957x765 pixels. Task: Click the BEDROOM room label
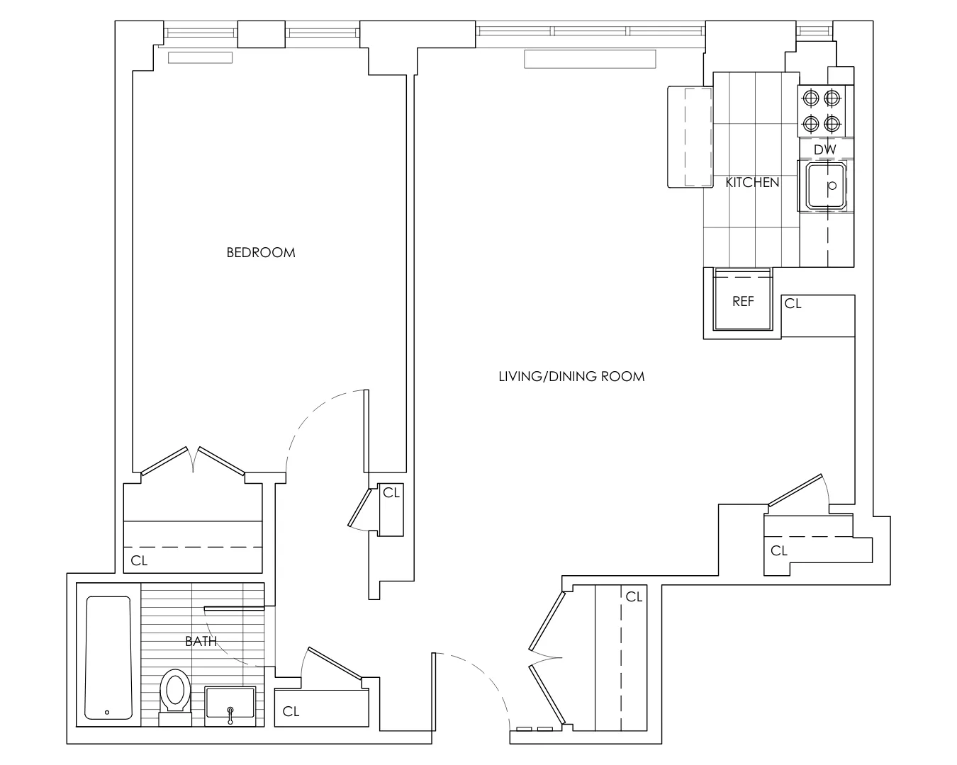pos(261,252)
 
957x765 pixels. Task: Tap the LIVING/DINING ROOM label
pos(571,376)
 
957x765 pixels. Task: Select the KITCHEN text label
pos(752,183)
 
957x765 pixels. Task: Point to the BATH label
pos(201,642)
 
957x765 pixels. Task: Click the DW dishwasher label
pos(824,150)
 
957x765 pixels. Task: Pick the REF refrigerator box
pos(742,300)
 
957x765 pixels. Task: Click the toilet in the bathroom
pos(174,693)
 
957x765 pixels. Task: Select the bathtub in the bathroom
pos(108,657)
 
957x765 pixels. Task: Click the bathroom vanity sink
pos(230,705)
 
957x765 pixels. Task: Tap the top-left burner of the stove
pos(810,98)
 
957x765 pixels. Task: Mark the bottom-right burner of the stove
pos(832,125)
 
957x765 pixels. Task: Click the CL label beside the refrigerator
pos(793,304)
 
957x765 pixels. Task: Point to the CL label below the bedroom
pos(140,561)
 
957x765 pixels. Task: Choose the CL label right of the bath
pos(291,712)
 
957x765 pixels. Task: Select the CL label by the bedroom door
pos(391,492)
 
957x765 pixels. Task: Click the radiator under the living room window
pos(590,59)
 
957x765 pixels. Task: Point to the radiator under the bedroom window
pos(200,57)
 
